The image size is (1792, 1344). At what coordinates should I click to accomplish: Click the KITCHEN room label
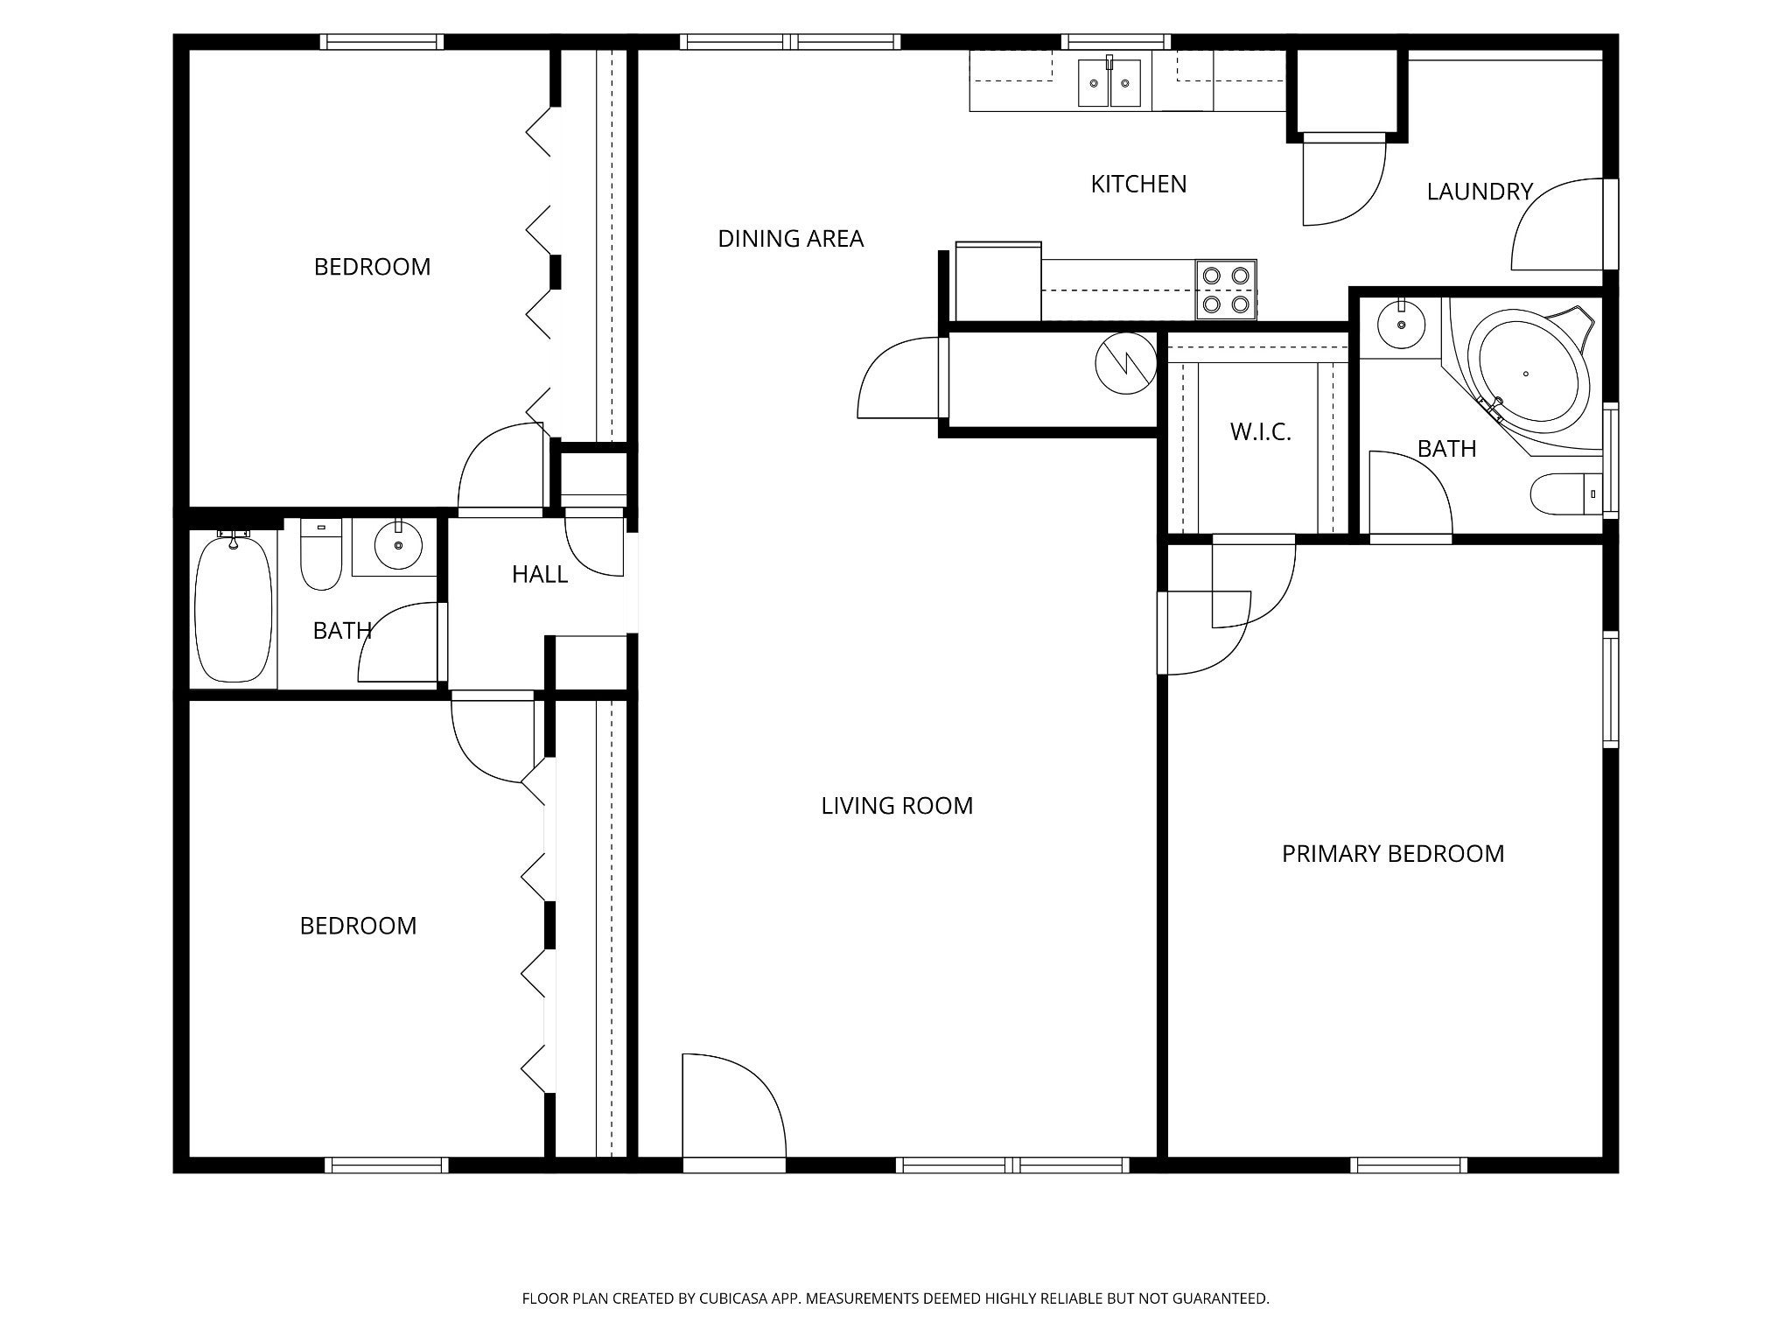[x=1138, y=185]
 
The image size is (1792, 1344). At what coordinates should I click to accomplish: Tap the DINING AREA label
[x=790, y=239]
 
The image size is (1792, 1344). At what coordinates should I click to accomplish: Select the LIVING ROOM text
[x=897, y=806]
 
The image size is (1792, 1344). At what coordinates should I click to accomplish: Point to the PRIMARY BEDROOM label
[x=1393, y=854]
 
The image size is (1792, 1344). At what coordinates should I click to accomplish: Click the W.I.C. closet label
[x=1260, y=431]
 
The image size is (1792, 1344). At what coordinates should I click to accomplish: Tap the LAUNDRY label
[x=1480, y=192]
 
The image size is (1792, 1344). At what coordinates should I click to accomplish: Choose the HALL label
[x=540, y=575]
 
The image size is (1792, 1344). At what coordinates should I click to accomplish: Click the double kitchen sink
[x=1109, y=82]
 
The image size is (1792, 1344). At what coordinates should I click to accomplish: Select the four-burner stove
[x=1226, y=290]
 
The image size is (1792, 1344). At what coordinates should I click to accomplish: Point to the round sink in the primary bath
[x=1402, y=324]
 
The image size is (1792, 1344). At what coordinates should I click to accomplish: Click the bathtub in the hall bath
[x=233, y=609]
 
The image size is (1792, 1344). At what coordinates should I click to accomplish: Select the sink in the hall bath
[x=399, y=545]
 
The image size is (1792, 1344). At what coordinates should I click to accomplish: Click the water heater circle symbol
[x=1125, y=362]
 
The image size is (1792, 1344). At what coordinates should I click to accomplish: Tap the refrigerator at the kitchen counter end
[x=998, y=282]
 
